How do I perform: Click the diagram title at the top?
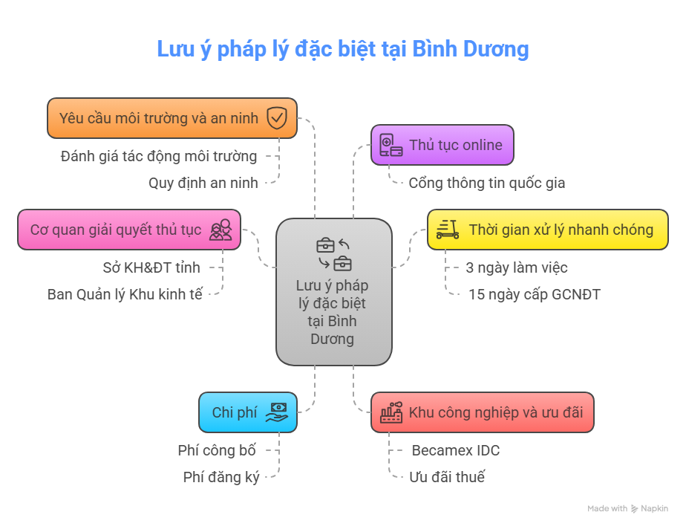pyautogui.click(x=342, y=49)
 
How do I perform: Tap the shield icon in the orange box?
pyautogui.click(x=277, y=118)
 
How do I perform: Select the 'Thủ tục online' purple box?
pyautogui.click(x=442, y=145)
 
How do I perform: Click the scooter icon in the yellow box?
pyautogui.click(x=446, y=230)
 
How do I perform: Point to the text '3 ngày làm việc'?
pyautogui.click(x=517, y=267)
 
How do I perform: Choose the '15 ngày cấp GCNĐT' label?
pyautogui.click(x=534, y=294)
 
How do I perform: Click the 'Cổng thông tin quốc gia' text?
pyautogui.click(x=486, y=183)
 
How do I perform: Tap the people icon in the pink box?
pyautogui.click(x=220, y=230)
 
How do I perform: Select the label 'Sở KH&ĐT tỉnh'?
pyautogui.click(x=151, y=267)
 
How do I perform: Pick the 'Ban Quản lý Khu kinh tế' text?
pyautogui.click(x=125, y=294)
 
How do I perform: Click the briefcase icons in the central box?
pyautogui.click(x=334, y=253)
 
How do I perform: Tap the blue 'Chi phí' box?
pyautogui.click(x=248, y=412)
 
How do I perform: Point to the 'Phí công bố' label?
pyautogui.click(x=217, y=450)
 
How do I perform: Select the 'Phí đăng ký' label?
pyautogui.click(x=221, y=477)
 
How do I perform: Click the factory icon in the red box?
pyautogui.click(x=391, y=412)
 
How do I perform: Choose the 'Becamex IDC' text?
pyautogui.click(x=455, y=450)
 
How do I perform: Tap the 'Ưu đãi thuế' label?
pyautogui.click(x=447, y=477)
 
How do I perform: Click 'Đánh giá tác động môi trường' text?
pyautogui.click(x=160, y=156)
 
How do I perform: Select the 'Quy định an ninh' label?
pyautogui.click(x=203, y=183)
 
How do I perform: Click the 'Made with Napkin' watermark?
pyautogui.click(x=627, y=509)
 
